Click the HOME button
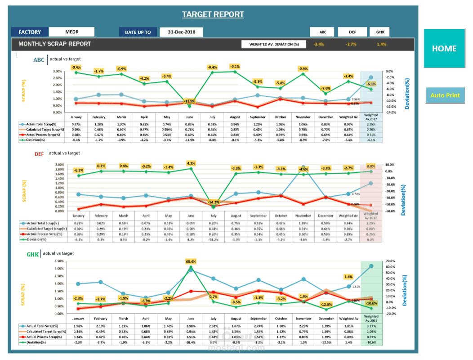tap(444, 49)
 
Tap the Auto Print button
tap(445, 95)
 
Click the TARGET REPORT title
tap(213, 14)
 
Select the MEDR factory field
tap(71, 32)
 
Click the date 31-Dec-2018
tap(181, 32)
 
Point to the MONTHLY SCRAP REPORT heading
tap(54, 44)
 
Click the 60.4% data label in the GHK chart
tap(191, 261)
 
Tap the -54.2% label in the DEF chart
tap(213, 202)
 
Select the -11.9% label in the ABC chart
tap(190, 101)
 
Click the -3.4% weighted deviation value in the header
tap(319, 44)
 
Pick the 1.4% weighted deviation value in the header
tap(381, 44)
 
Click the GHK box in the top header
tap(379, 32)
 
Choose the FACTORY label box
tap(30, 32)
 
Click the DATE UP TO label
tap(138, 32)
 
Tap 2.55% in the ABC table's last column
tap(371, 124)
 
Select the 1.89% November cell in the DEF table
tap(303, 223)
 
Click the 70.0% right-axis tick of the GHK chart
tap(390, 261)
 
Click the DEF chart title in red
tap(39, 154)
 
